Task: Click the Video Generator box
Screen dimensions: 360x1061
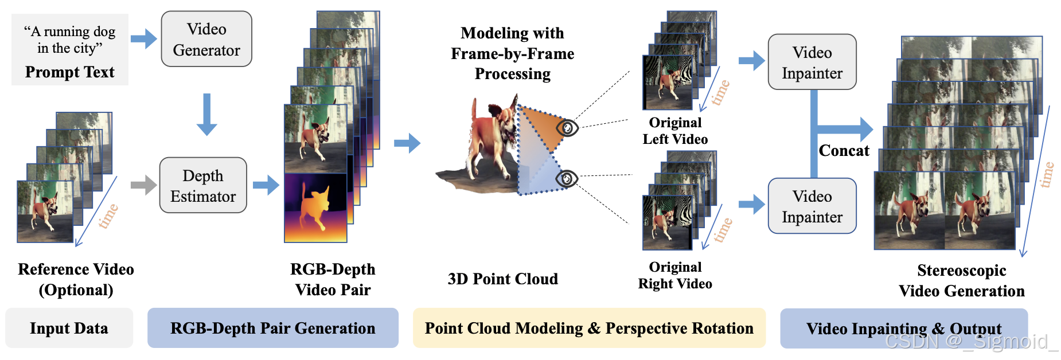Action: pyautogui.click(x=206, y=39)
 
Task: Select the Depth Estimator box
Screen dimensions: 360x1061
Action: pyautogui.click(x=203, y=185)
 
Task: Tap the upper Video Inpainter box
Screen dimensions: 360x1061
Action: pyautogui.click(x=812, y=62)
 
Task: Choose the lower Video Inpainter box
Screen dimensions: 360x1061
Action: pyautogui.click(x=812, y=206)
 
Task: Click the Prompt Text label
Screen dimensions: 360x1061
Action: pyautogui.click(x=69, y=72)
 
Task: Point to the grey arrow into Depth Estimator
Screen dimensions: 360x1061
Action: pyautogui.click(x=143, y=185)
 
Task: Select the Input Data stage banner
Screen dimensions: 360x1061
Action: pyautogui.click(x=69, y=328)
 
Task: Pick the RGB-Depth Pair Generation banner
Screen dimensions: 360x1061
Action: pyautogui.click(x=272, y=328)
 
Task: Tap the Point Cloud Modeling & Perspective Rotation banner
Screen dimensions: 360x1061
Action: pyautogui.click(x=589, y=328)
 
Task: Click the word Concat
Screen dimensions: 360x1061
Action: pyautogui.click(x=844, y=151)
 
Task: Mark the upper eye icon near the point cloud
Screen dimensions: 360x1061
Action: pyautogui.click(x=567, y=127)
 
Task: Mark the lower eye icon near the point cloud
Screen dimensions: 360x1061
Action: pyautogui.click(x=567, y=179)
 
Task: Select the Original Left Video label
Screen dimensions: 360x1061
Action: pyautogui.click(x=675, y=131)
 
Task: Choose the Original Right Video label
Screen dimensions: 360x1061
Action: pyautogui.click(x=675, y=275)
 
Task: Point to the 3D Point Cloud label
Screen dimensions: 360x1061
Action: pyautogui.click(x=502, y=279)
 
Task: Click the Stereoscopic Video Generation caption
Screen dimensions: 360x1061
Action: pyautogui.click(x=961, y=280)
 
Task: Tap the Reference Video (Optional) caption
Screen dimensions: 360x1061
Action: pyautogui.click(x=76, y=279)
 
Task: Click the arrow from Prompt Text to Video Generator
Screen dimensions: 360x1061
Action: pyautogui.click(x=143, y=39)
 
